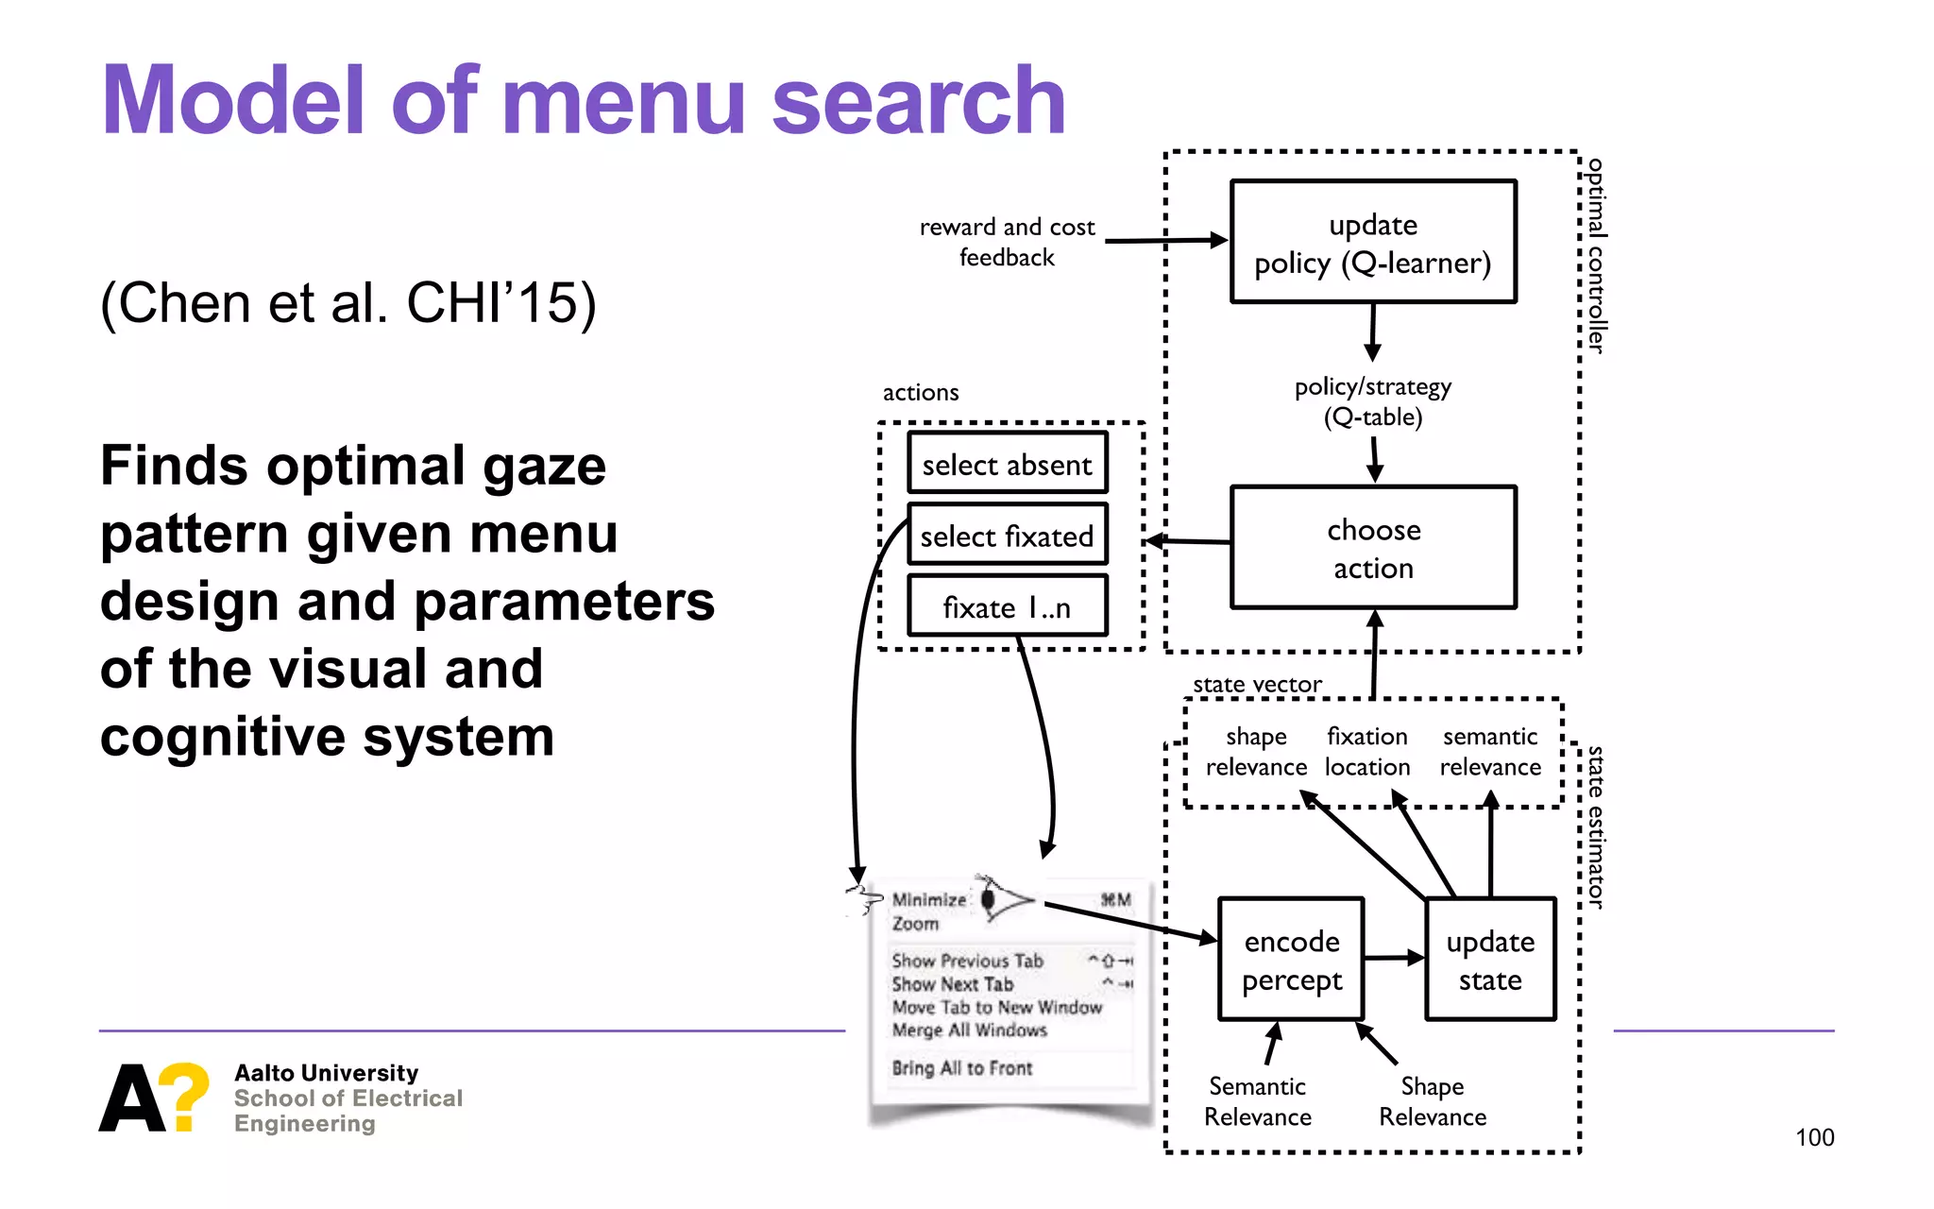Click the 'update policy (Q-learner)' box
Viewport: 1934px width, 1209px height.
point(1373,242)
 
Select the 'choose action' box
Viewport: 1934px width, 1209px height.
point(1373,548)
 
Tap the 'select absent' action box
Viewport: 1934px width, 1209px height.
point(1007,464)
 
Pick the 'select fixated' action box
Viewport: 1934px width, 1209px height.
point(1007,536)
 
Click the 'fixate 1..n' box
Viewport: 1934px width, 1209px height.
point(1007,606)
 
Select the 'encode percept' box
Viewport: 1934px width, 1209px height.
point(1291,960)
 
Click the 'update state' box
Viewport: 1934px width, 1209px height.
point(1489,960)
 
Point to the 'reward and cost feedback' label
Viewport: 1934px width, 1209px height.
point(1007,242)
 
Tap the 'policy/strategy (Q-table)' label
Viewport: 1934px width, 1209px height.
point(1372,401)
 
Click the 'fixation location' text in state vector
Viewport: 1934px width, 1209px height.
point(1366,752)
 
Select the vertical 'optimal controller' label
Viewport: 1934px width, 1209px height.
point(1595,255)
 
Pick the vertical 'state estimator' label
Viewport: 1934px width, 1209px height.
point(1595,827)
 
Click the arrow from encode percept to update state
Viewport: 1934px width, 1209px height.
point(1394,958)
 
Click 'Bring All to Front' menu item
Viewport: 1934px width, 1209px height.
point(961,1068)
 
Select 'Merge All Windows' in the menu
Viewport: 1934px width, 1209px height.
point(969,1030)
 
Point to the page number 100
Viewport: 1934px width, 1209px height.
point(1814,1137)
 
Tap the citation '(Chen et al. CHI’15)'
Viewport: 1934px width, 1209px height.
point(348,304)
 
